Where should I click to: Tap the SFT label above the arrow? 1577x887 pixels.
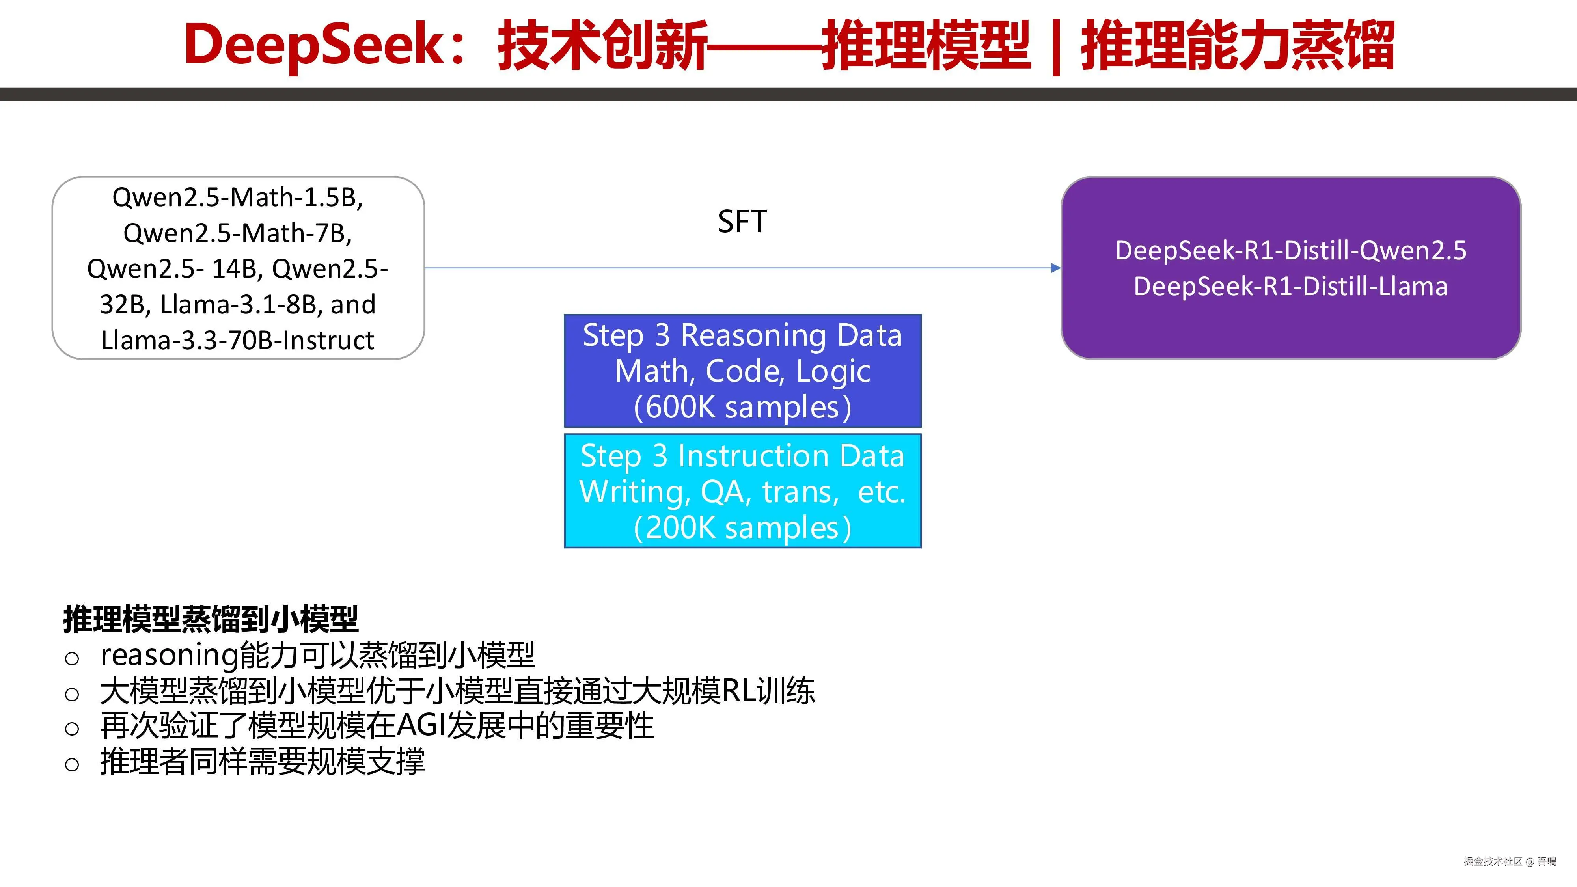pos(742,222)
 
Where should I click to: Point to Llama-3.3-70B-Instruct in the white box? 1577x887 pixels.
pos(237,340)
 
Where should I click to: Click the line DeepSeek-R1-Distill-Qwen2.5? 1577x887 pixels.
pos(1290,250)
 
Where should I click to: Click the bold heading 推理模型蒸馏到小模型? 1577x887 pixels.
pos(211,619)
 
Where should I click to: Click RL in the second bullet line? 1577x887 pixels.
pos(738,691)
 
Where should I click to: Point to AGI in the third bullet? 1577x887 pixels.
pos(421,727)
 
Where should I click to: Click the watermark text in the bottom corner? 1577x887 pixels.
pos(1510,861)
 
